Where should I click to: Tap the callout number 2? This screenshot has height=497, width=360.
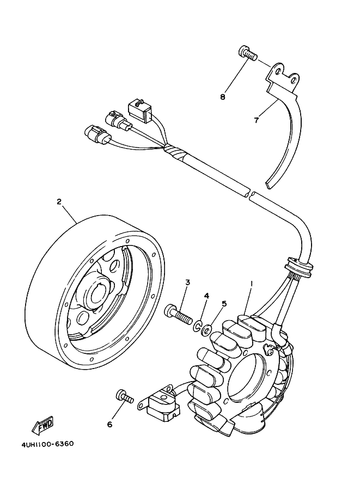click(59, 201)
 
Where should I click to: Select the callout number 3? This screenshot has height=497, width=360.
click(187, 282)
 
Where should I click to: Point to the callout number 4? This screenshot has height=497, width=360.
click(206, 296)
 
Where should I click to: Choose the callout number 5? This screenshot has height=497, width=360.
click(224, 304)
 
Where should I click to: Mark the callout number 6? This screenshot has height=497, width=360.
click(110, 424)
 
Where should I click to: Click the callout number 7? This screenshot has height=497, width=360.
click(257, 120)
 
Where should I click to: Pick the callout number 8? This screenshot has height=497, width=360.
click(223, 97)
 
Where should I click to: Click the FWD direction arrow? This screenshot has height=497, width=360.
click(42, 426)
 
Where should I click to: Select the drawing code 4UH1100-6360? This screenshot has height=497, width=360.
click(47, 444)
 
